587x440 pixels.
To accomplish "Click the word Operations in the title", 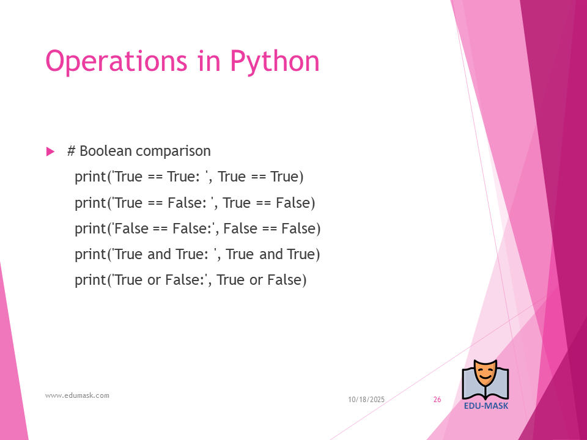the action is pyautogui.click(x=116, y=62).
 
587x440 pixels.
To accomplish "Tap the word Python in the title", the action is pyautogui.click(x=275, y=62).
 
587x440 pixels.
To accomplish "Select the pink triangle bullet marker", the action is pyautogui.click(x=50, y=152).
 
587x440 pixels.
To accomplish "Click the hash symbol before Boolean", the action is pyautogui.click(x=71, y=151).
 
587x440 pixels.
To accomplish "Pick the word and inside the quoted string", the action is pyautogui.click(x=159, y=254).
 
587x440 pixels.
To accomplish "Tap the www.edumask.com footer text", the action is pyautogui.click(x=77, y=395).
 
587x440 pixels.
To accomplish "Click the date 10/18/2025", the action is pyautogui.click(x=366, y=400).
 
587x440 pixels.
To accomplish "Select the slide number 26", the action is pyautogui.click(x=437, y=400).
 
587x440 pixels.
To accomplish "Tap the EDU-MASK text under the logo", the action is pyautogui.click(x=486, y=406).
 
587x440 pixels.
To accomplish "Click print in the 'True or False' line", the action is pyautogui.click(x=90, y=280).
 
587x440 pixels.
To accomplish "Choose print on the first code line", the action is pyautogui.click(x=90, y=177).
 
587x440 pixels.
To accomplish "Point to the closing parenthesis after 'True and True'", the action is pyautogui.click(x=317, y=254).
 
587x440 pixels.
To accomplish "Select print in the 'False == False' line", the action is pyautogui.click(x=90, y=229).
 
